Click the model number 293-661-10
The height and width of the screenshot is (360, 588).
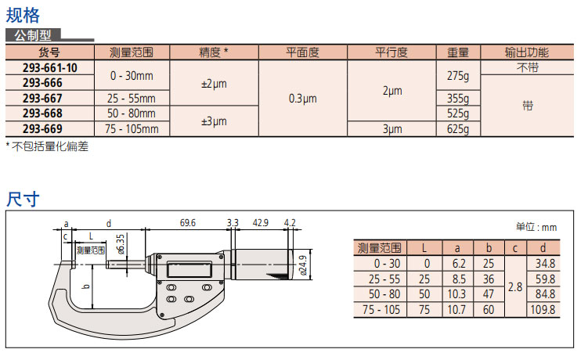coord(50,68)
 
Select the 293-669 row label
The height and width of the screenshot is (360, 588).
coord(42,128)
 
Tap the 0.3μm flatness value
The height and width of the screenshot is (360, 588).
coord(303,99)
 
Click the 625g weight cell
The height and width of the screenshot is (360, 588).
coord(458,129)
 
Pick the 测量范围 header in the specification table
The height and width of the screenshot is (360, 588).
coord(132,52)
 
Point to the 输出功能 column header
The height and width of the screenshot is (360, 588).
coord(527,52)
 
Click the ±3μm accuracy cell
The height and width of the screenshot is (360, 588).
coord(214,121)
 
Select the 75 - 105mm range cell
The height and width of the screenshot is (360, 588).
coord(132,129)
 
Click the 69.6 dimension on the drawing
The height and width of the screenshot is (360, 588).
coord(187,223)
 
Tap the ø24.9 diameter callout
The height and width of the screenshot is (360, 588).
coord(303,265)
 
